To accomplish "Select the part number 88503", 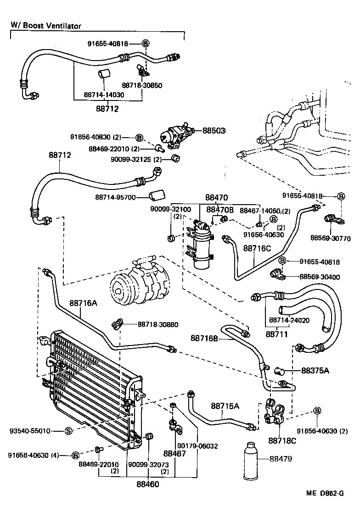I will [x=214, y=131].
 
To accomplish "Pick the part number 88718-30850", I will [x=142, y=85].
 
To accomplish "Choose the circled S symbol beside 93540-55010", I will [x=67, y=431].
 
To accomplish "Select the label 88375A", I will [x=315, y=370].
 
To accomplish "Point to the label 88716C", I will [x=257, y=248].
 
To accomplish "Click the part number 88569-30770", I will [x=330, y=239].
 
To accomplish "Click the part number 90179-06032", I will [x=198, y=445].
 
